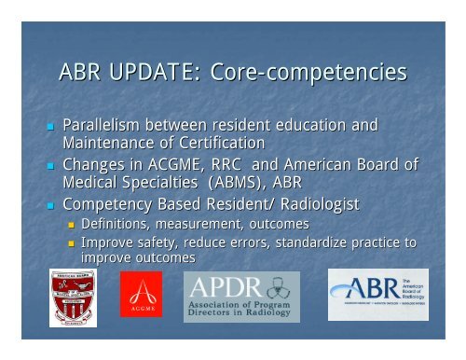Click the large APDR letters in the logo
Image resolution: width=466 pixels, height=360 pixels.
(x=222, y=285)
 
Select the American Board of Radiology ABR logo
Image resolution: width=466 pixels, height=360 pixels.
(x=377, y=294)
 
